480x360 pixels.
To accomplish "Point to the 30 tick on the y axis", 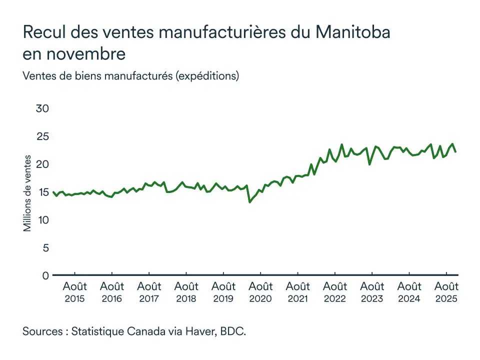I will (42, 108).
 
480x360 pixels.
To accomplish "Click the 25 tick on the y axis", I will (42, 136).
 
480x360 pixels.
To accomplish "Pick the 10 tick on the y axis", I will (42, 220).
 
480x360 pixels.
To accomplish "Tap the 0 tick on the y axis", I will (45, 275).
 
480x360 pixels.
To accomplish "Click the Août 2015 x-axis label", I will (74, 292).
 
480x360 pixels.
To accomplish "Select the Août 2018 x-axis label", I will (186, 292).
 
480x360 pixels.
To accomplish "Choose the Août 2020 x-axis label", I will (260, 292).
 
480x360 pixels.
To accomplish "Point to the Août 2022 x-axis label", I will (334, 292).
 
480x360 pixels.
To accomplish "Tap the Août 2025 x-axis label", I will (446, 292).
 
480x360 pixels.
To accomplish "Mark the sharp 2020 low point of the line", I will (249, 202).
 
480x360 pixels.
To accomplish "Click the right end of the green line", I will (455, 151).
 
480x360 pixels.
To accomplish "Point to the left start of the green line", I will (53, 192).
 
